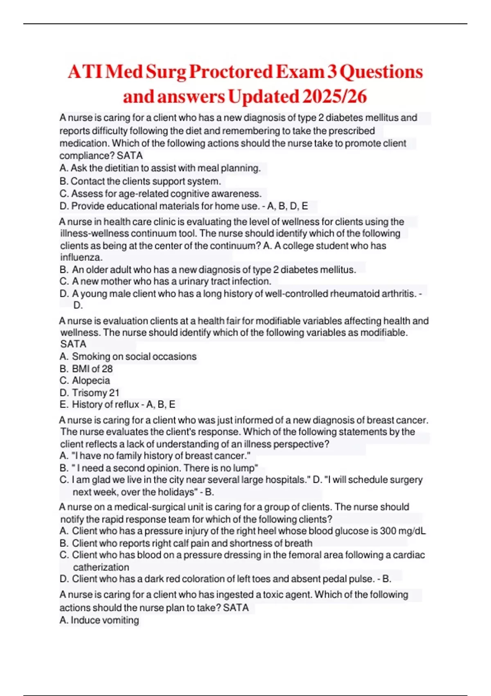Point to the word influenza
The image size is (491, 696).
(81, 258)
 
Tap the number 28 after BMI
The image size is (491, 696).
(107, 368)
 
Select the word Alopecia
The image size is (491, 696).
(91, 381)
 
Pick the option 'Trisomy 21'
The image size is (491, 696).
(96, 393)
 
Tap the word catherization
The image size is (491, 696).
(101, 567)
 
